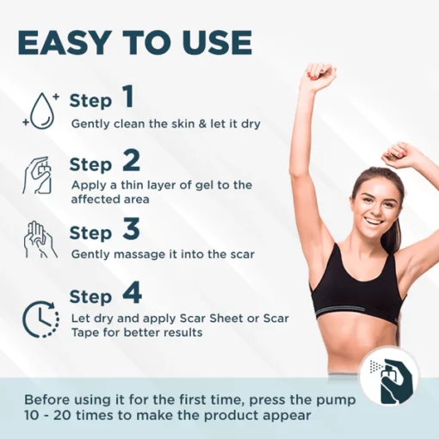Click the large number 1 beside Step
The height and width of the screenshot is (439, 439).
click(128, 96)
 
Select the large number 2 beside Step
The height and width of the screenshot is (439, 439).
click(131, 160)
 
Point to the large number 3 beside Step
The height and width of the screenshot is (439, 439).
click(131, 228)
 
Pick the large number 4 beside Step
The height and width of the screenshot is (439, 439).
click(132, 293)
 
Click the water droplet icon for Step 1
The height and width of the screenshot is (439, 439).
click(41, 110)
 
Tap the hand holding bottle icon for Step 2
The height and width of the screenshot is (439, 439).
click(37, 175)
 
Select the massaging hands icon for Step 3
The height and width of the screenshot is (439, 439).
click(40, 239)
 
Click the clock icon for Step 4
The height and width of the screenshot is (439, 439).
click(40, 319)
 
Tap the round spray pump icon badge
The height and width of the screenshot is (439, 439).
click(390, 377)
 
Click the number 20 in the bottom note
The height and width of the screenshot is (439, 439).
click(61, 416)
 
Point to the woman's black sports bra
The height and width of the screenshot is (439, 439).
click(359, 290)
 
